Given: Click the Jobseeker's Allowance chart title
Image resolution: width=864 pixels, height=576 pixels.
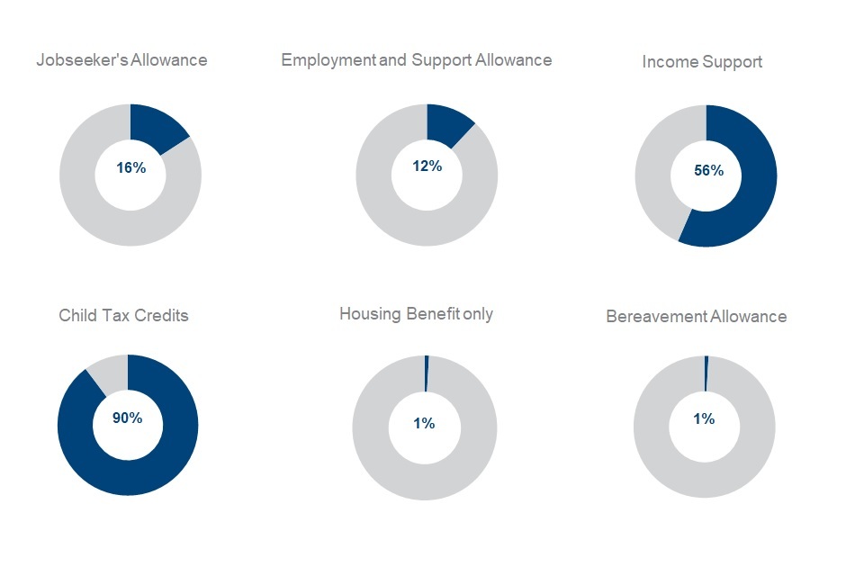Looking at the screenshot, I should click(121, 60).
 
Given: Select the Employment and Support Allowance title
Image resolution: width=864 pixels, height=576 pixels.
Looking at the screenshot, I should click(416, 60).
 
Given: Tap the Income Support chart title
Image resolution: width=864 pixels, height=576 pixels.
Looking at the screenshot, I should click(702, 62).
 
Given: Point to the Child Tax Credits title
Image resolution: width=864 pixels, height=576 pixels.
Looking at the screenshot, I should click(123, 316).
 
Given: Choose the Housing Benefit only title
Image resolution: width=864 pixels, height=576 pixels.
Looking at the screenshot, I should click(416, 314).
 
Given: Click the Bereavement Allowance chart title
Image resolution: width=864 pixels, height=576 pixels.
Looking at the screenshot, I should click(696, 317).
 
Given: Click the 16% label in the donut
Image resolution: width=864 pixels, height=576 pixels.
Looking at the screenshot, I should click(130, 168).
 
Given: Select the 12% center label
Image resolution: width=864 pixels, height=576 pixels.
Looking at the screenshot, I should click(427, 166).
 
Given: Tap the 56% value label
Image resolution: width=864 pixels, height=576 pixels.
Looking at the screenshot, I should click(708, 171).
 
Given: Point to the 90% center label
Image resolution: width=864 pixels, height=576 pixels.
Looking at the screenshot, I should click(127, 418).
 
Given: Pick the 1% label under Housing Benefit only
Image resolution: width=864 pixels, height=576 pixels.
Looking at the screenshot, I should click(424, 423).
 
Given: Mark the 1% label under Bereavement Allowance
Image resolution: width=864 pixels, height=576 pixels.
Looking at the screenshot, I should click(704, 419).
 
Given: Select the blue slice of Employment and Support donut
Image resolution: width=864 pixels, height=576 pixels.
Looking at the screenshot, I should click(446, 123).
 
